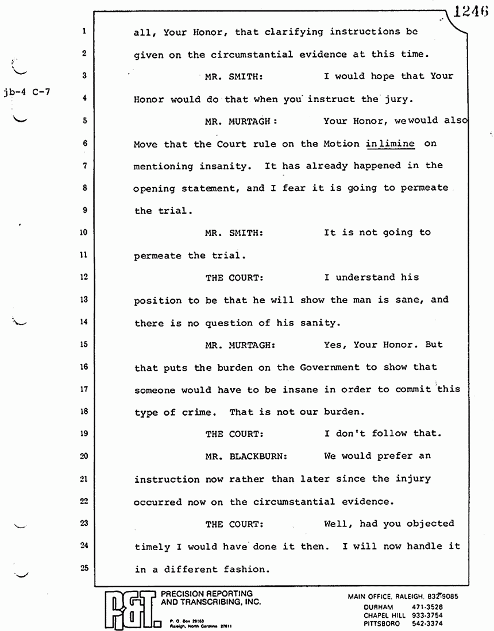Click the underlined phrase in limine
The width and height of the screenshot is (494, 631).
tap(390, 144)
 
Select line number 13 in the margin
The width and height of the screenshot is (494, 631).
tap(84, 299)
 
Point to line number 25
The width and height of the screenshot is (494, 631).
tap(84, 568)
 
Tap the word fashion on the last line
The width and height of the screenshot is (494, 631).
tap(245, 570)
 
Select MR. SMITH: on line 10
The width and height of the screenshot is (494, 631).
tap(234, 233)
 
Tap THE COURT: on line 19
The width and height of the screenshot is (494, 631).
tap(234, 434)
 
